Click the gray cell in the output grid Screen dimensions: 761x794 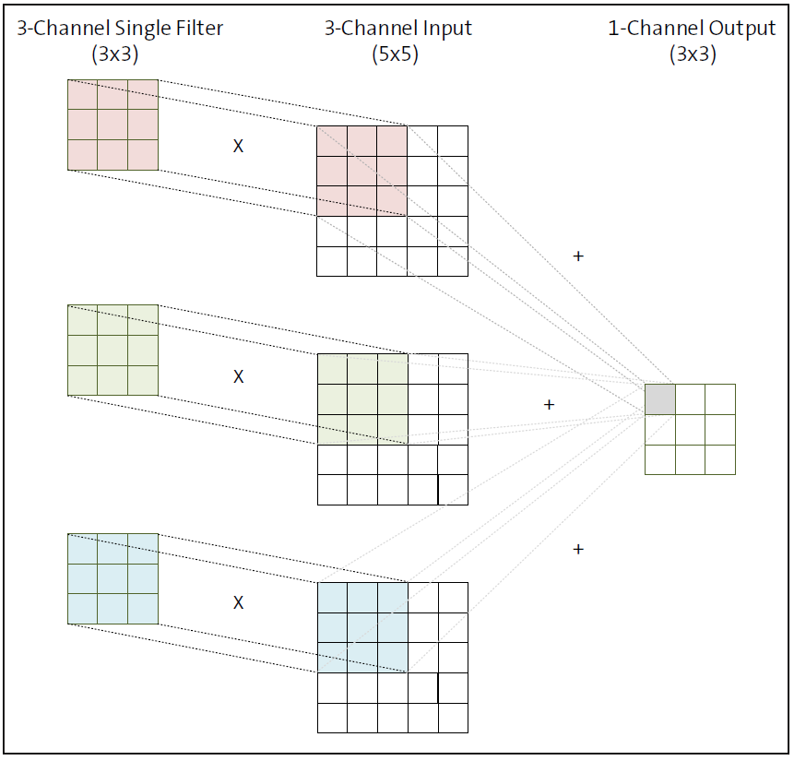coord(659,399)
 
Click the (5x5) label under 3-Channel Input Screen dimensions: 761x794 coord(397,54)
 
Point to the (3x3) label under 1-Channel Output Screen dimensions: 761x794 coord(692,54)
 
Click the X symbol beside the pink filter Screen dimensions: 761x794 coord(238,146)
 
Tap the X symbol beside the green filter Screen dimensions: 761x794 coord(238,376)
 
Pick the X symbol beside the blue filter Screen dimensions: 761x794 coord(238,602)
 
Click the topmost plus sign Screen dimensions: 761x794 coord(578,256)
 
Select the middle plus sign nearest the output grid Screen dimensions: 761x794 coord(549,404)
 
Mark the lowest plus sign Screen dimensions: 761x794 coord(578,549)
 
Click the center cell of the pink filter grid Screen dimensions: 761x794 coord(113,125)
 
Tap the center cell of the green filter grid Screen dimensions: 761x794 coord(113,350)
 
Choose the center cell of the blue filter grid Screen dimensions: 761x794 coord(113,578)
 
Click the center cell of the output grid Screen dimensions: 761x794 coord(690,430)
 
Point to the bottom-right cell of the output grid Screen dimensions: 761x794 coord(720,459)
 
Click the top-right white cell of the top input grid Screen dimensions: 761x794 coord(453,141)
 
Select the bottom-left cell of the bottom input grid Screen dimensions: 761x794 coord(332,718)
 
